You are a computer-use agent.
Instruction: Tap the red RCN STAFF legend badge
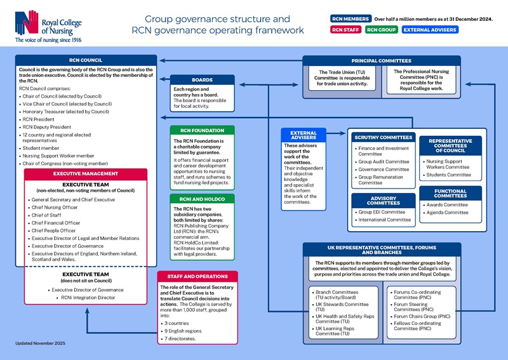346,29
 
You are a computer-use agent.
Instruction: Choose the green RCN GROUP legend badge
382,29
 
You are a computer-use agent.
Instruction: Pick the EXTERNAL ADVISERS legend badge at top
430,29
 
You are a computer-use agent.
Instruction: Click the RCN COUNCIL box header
85,60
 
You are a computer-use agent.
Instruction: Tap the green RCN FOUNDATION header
203,130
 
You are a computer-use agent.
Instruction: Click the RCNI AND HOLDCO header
203,199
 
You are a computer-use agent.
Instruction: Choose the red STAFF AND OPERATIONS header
197,277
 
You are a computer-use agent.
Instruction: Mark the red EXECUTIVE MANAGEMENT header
85,173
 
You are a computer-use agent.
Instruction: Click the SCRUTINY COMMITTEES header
383,137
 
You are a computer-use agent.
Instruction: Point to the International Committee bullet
384,220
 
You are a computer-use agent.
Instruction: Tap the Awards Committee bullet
447,205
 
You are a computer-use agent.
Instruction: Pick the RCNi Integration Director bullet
88,297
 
